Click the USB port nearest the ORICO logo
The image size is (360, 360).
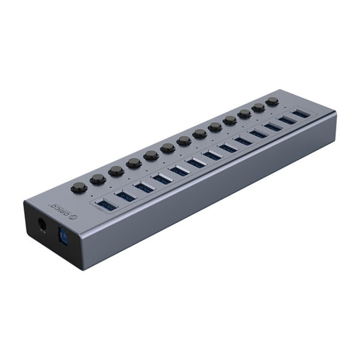point(107,203)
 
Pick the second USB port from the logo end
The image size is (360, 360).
point(126,196)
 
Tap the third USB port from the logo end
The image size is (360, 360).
point(145,187)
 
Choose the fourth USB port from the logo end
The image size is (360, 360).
point(162,179)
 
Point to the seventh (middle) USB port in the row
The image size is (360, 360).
point(213,155)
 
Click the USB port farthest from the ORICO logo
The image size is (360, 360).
point(301,114)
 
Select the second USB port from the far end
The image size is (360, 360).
point(287,120)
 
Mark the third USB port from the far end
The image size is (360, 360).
point(273,127)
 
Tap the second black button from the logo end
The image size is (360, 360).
point(99,180)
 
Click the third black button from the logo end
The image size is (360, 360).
point(117,172)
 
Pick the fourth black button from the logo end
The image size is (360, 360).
point(134,163)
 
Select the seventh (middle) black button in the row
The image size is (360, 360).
point(184,141)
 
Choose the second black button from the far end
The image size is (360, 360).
point(258,107)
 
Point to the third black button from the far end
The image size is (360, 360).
point(245,113)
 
